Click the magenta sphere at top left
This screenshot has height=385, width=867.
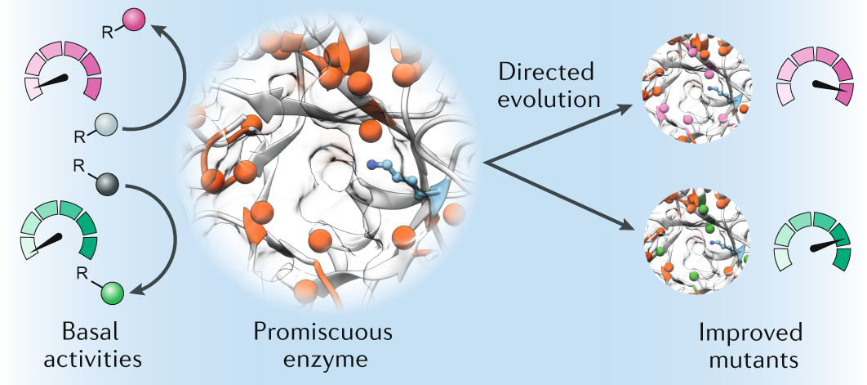pos(136,18)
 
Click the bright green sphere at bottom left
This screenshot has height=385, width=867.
pos(112,293)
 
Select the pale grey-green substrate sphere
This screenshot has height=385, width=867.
pos(106,125)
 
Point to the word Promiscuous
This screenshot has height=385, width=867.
pos(322,333)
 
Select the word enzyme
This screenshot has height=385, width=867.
pos(322,359)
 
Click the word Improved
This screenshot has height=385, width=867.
pos(750,333)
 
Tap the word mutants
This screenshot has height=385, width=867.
pos(750,359)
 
